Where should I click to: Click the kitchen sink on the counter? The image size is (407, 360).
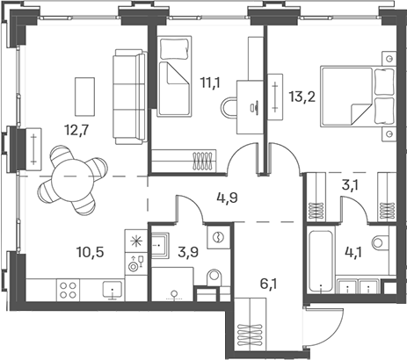pos(112,289)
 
